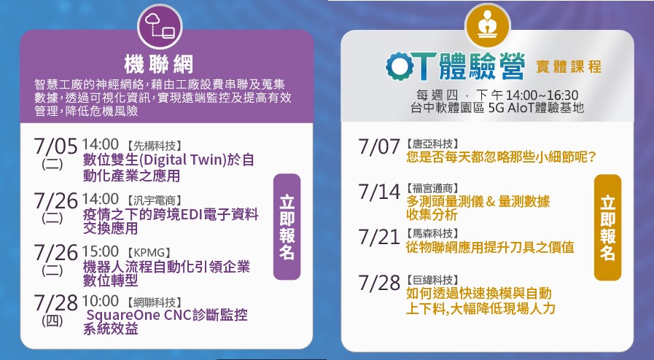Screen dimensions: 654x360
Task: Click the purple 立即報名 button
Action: pos(287,227)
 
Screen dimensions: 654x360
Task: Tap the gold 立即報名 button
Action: pos(608,227)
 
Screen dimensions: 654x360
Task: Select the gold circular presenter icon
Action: pos(488,26)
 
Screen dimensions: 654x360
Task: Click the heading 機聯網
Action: pos(159,64)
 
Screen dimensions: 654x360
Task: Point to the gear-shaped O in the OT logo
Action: pos(400,66)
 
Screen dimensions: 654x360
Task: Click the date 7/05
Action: pos(55,146)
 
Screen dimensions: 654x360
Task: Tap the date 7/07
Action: pos(379,146)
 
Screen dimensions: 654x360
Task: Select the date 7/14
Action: pos(379,192)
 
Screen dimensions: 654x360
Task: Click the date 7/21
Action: pos(379,237)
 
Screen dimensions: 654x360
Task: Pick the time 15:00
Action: pos(100,251)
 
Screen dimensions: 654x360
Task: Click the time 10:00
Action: pos(100,300)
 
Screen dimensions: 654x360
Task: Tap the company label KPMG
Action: pos(149,253)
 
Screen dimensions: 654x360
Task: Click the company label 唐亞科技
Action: pos(432,144)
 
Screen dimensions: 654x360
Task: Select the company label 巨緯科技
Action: pos(432,280)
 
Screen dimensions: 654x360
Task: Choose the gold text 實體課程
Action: pos(569,66)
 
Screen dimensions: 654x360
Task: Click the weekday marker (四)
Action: pos(52,321)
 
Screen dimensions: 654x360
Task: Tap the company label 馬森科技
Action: pos(432,233)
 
